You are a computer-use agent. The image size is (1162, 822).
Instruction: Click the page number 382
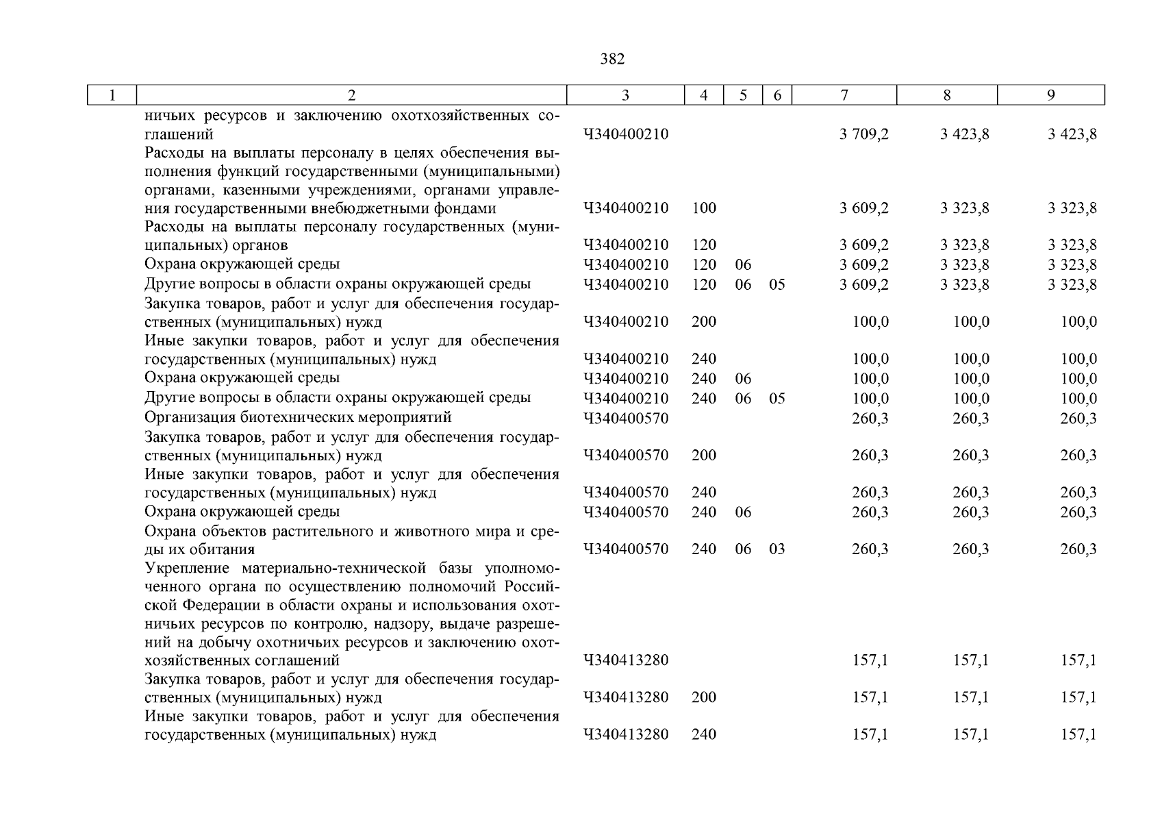612,60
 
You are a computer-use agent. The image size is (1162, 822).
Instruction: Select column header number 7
844,95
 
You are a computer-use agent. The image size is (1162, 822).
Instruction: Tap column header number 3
625,95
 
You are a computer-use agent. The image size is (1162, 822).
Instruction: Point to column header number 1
112,95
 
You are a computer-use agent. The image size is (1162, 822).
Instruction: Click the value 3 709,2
864,134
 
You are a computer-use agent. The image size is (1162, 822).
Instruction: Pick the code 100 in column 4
704,208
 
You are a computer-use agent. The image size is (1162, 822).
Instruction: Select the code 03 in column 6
776,549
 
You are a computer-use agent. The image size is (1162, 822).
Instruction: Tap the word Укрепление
185,569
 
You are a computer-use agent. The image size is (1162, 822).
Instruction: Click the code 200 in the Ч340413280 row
704,697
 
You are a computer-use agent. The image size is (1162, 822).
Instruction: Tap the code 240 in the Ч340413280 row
704,734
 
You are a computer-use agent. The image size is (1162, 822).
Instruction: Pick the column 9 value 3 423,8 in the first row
1072,134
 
